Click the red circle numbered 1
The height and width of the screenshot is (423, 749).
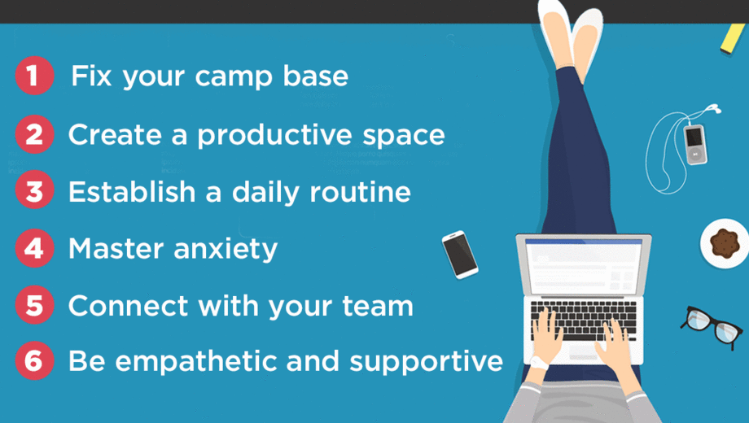click(x=34, y=76)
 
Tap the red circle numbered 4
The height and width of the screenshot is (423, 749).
click(x=34, y=248)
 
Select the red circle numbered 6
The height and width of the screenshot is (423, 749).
click(x=34, y=360)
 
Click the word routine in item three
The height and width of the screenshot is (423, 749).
click(x=360, y=192)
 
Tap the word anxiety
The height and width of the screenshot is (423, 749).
click(x=225, y=250)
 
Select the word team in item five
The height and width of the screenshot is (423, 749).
click(x=378, y=306)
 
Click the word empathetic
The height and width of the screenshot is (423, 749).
click(x=196, y=361)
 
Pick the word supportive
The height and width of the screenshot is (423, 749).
click(x=426, y=362)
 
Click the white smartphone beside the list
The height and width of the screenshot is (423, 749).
click(x=459, y=255)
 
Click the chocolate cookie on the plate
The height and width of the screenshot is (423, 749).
click(x=725, y=243)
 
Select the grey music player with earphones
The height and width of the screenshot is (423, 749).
click(x=695, y=144)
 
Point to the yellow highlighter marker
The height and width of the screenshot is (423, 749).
click(x=733, y=38)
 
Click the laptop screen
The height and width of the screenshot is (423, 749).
click(x=583, y=266)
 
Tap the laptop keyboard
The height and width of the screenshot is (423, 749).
click(x=584, y=320)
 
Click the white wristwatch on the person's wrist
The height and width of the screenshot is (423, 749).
click(x=539, y=364)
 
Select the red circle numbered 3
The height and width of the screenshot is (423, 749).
click(x=34, y=190)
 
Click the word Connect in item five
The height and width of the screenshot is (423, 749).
click(x=128, y=306)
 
